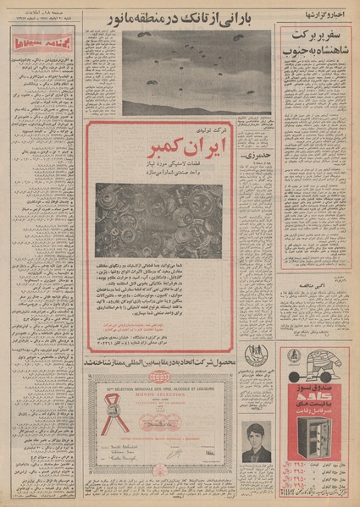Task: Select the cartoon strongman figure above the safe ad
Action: point(320,363)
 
